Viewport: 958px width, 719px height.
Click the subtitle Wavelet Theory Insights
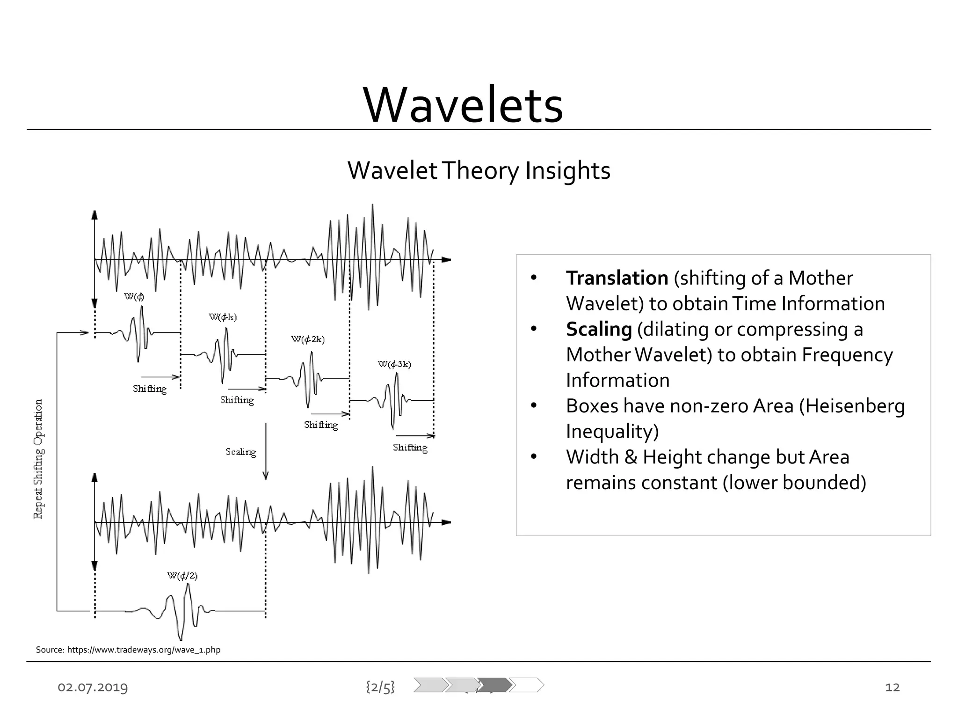point(479,170)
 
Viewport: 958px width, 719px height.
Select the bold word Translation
point(617,278)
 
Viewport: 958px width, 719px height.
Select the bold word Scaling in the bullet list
point(598,329)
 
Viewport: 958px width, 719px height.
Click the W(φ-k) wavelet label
point(223,317)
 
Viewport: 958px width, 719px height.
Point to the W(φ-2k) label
point(308,339)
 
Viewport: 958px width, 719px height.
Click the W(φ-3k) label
point(394,364)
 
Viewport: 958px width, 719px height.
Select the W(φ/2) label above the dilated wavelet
point(182,576)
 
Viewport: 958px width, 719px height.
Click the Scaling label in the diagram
point(240,452)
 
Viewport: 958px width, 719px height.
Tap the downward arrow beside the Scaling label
point(266,452)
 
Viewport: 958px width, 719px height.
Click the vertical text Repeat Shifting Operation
point(38,459)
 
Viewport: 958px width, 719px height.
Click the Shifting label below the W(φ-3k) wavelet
point(410,448)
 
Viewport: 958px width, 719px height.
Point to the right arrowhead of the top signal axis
point(446,260)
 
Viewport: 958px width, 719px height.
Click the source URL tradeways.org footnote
point(128,650)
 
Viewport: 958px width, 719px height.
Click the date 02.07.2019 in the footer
point(93,687)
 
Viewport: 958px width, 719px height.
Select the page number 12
point(892,687)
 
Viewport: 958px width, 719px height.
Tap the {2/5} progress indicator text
point(380,687)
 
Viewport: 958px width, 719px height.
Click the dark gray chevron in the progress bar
point(494,685)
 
